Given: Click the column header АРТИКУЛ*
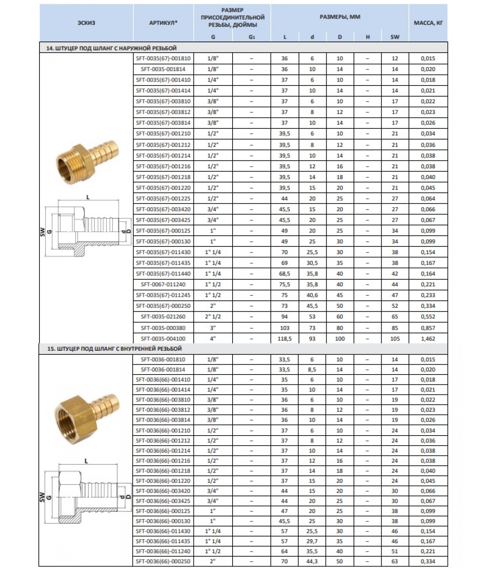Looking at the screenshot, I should click(x=163, y=23).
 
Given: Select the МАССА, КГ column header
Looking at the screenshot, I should click(x=428, y=23).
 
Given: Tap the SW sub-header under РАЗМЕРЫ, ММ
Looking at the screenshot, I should click(x=395, y=37).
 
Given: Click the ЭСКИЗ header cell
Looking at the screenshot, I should click(x=86, y=23).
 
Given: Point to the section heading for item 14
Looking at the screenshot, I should click(x=111, y=48).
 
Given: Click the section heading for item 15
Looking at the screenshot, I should click(x=114, y=349).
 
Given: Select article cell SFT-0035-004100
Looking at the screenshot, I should click(x=163, y=339).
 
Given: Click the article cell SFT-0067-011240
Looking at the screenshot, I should click(x=163, y=284).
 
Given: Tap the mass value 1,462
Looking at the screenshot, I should click(x=428, y=339).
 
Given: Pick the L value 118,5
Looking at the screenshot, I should click(x=284, y=339).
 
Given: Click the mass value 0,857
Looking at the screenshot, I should click(x=428, y=328).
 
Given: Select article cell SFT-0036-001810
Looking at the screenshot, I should click(x=163, y=359).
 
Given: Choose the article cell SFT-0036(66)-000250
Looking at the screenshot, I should click(x=163, y=561).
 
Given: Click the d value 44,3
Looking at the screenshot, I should click(x=312, y=561).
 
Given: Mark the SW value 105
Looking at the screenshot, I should click(x=395, y=339).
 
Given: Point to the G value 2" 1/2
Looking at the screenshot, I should click(x=213, y=317).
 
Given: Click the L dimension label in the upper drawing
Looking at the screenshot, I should click(x=88, y=197).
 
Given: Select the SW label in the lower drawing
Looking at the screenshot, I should click(x=43, y=497).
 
